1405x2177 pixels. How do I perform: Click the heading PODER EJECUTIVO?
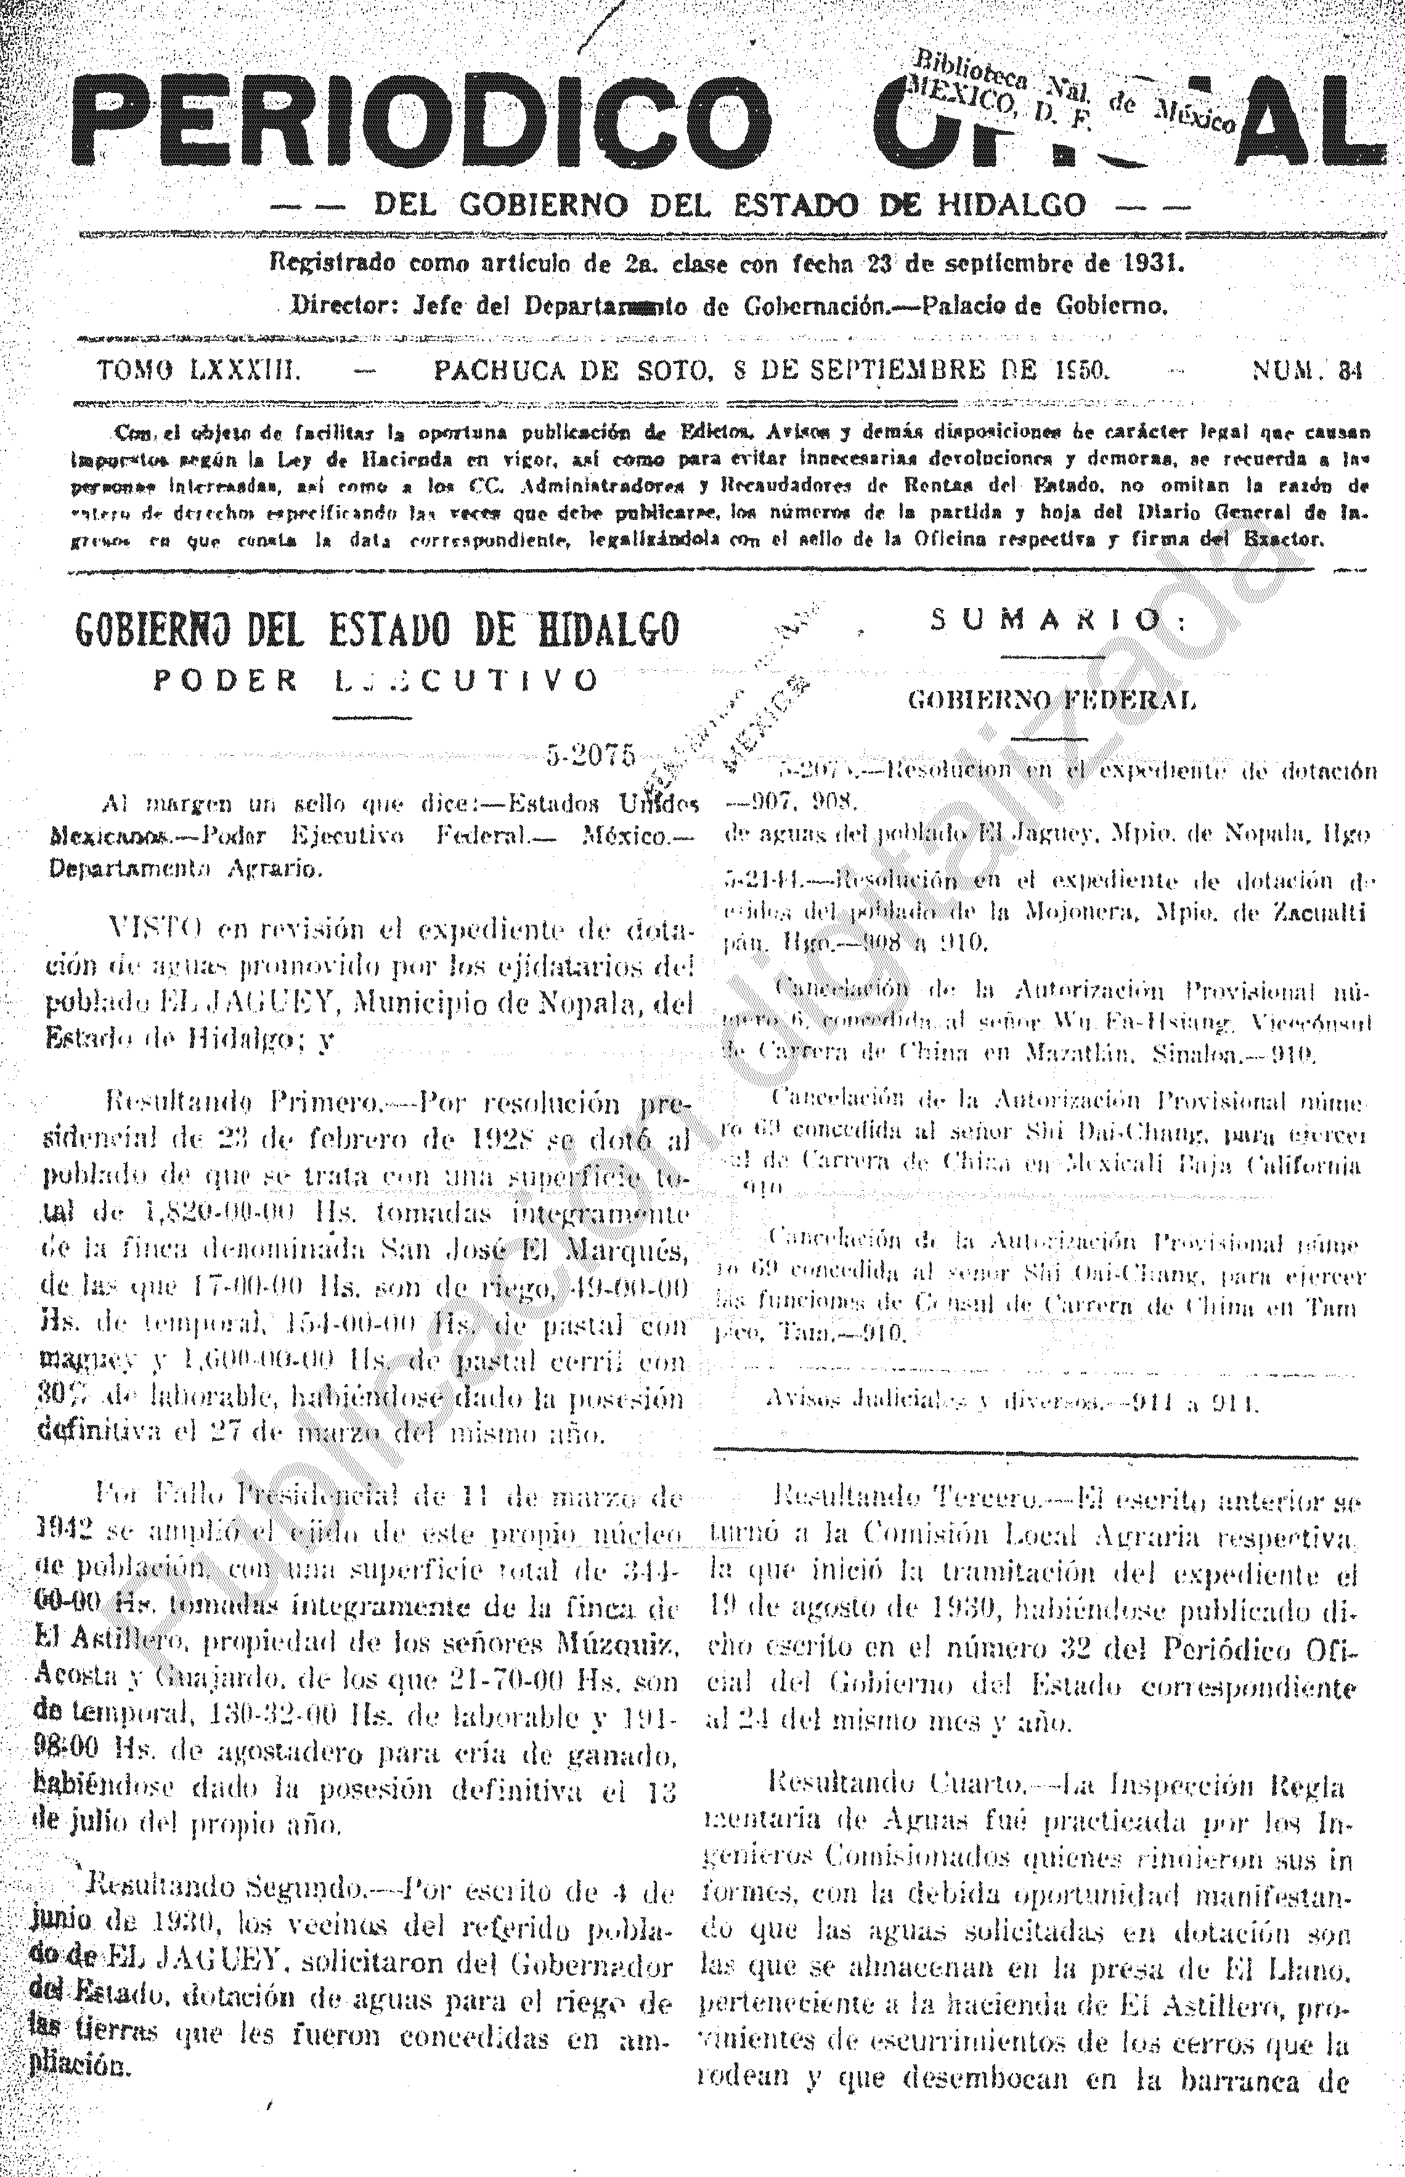point(376,680)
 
